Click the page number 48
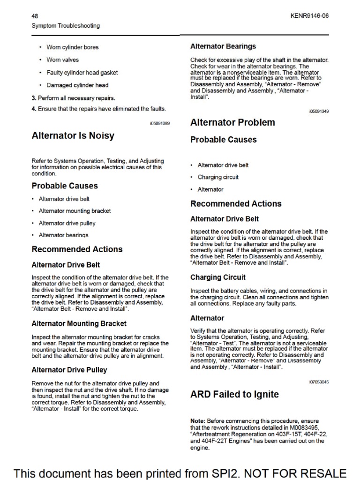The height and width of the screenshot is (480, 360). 35,15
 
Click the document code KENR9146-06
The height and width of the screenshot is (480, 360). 310,15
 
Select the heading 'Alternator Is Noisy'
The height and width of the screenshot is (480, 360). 73,136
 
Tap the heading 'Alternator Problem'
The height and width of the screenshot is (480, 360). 232,122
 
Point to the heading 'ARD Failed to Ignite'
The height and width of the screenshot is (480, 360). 234,394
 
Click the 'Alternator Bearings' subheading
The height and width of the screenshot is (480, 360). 223,46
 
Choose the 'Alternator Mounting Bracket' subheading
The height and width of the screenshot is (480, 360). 79,323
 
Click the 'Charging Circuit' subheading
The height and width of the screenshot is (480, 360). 218,277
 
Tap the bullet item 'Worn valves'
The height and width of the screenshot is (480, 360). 62,60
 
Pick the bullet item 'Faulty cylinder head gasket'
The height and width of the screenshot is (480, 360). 82,73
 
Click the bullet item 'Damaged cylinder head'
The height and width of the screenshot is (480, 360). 77,85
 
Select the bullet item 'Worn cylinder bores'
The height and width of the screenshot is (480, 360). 72,47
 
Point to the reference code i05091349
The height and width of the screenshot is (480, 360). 319,112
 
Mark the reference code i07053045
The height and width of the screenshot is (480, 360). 319,382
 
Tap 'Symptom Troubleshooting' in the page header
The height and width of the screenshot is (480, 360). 66,26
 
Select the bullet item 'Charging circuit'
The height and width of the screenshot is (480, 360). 218,177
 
